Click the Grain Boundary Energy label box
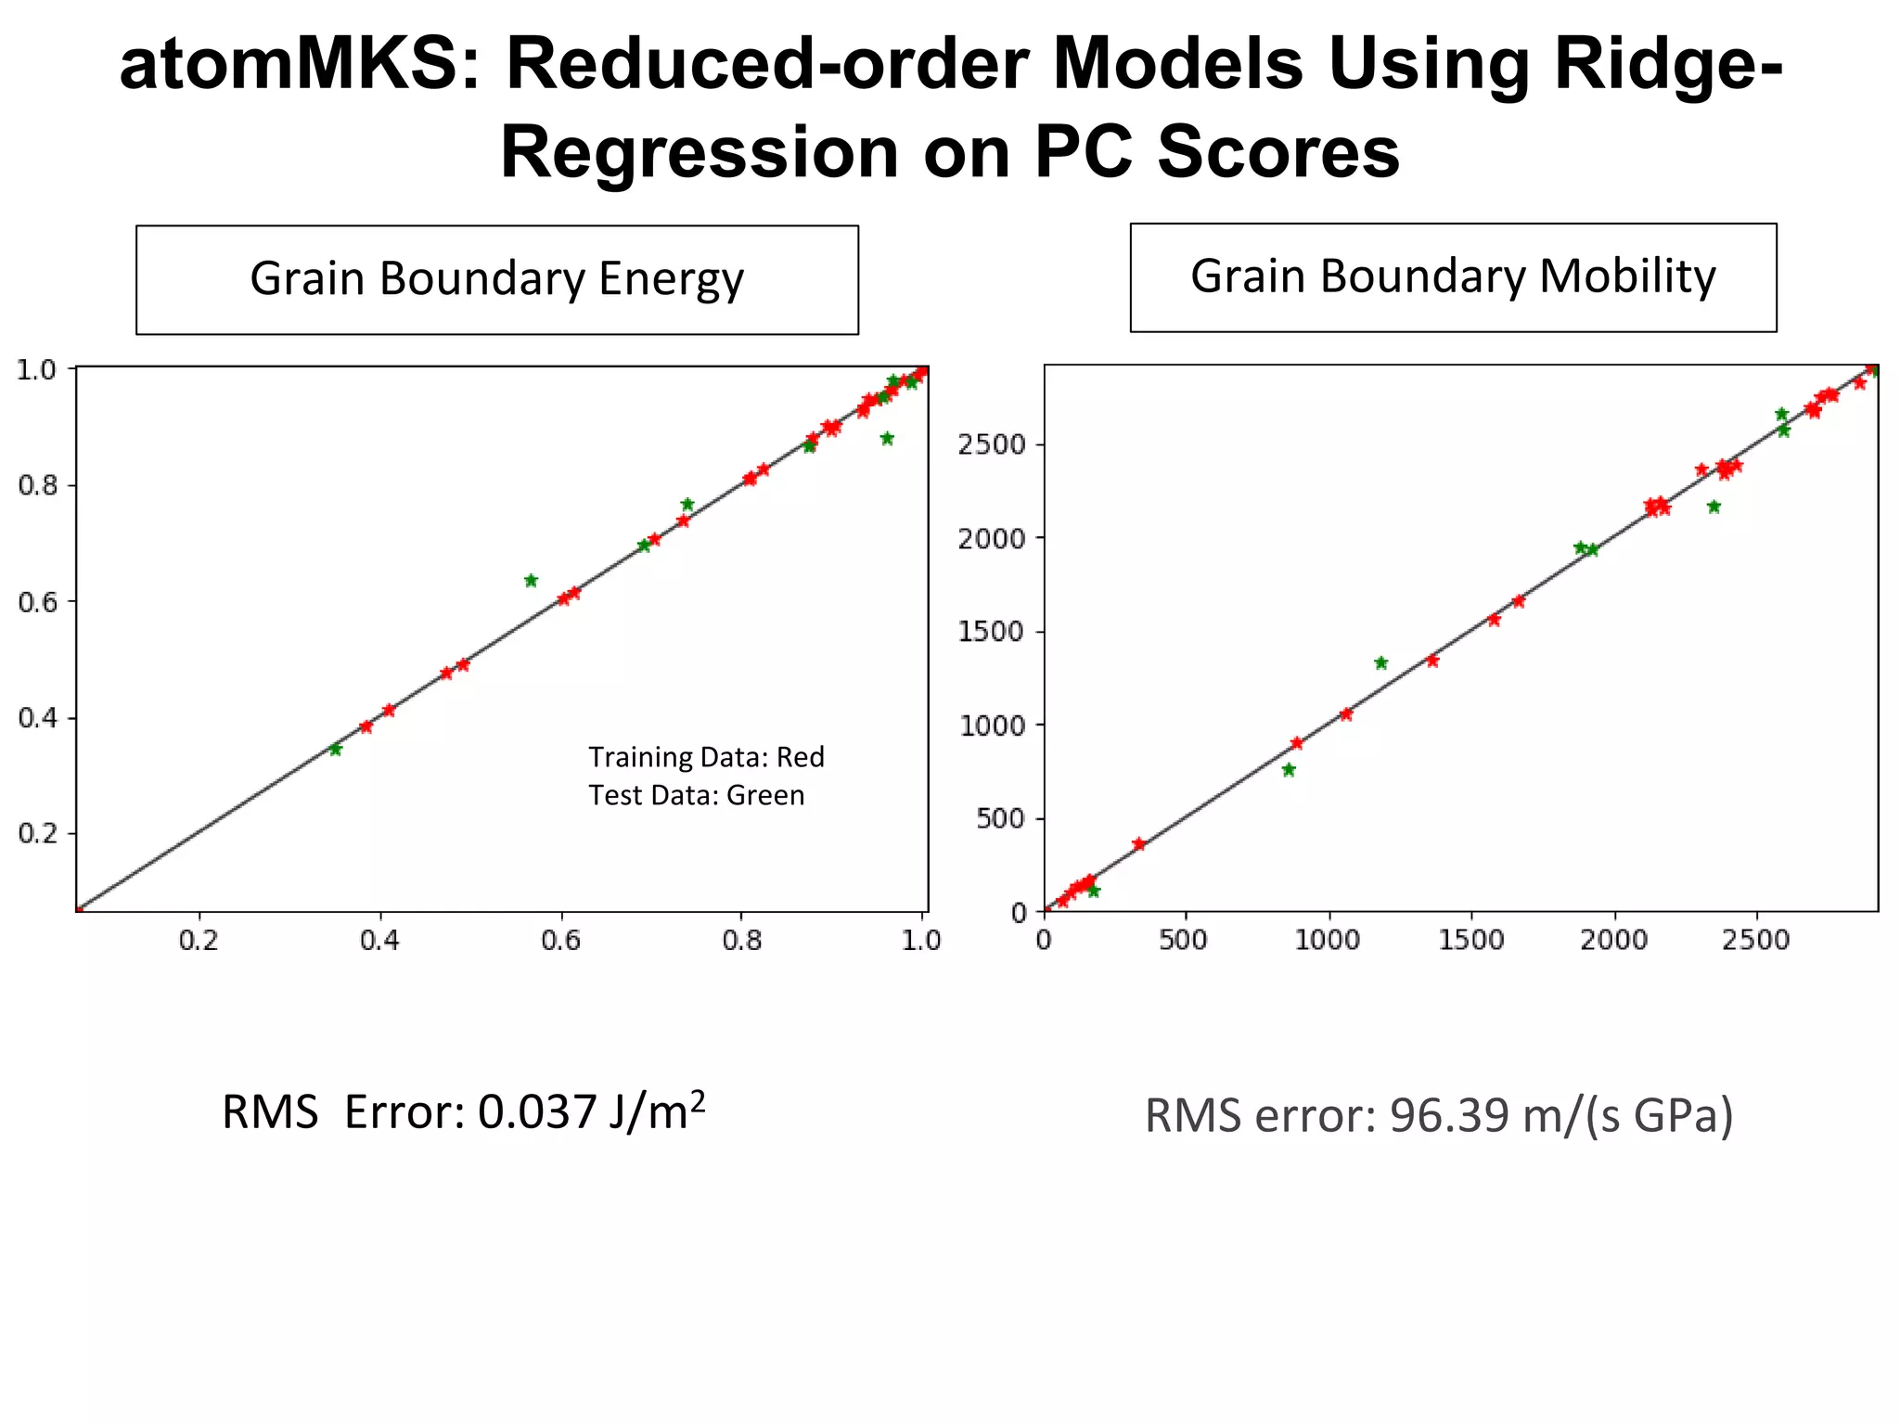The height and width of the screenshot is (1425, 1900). pos(496,279)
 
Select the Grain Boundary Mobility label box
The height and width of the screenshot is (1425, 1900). pos(1453,276)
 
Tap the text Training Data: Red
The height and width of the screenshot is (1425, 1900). pos(706,757)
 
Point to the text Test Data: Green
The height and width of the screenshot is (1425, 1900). pos(696,795)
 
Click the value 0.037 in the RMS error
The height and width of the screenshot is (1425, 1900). pos(537,1111)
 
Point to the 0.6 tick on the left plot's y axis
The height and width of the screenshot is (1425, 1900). pos(37,601)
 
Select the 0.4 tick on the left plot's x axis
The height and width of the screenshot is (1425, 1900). pos(379,941)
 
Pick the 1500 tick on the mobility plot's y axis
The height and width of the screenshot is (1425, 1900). pos(992,632)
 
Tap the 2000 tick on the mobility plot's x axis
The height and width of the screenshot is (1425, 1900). pos(1614,941)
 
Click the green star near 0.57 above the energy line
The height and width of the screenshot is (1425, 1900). pos(531,581)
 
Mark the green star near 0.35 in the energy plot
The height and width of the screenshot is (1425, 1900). pos(335,750)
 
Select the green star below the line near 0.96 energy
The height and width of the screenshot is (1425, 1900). pos(887,439)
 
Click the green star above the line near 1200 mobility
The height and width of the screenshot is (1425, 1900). pos(1380,662)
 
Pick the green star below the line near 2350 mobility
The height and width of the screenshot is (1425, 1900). pos(1714,507)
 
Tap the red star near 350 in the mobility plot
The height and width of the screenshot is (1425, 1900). pos(1139,843)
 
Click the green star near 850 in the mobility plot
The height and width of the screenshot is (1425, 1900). pos(1289,770)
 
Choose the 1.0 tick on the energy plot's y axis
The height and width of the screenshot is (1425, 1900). pos(37,369)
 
